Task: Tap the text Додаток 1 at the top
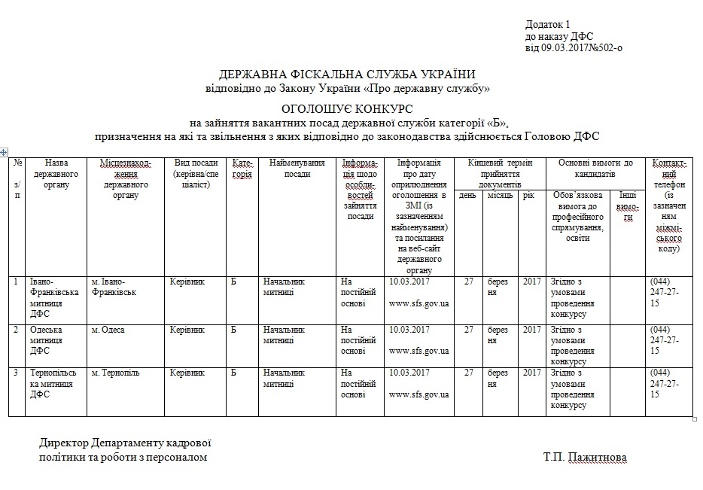click(549, 24)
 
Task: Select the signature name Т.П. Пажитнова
click(584, 457)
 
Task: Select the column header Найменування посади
click(297, 168)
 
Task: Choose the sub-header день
click(467, 195)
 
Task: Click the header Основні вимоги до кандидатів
click(595, 168)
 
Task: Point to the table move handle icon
click(5, 152)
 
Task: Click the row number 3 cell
click(17, 373)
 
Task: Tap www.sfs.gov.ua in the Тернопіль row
click(419, 394)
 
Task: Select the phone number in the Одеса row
click(665, 339)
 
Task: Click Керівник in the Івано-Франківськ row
click(187, 282)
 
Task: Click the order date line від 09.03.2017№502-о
click(574, 47)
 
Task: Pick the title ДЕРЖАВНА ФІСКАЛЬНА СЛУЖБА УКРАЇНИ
click(347, 74)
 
